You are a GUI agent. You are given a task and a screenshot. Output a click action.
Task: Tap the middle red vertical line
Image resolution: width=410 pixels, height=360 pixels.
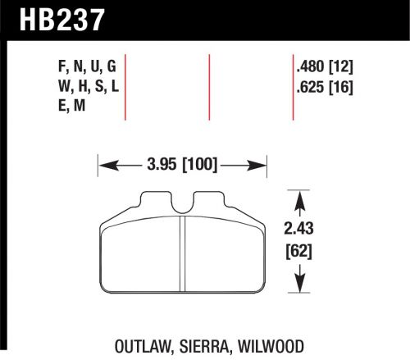211,85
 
